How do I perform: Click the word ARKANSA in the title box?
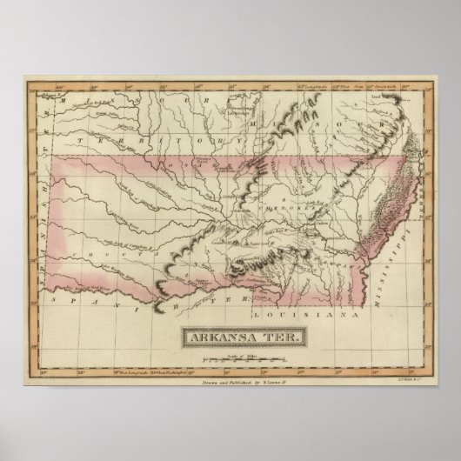click(215, 337)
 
